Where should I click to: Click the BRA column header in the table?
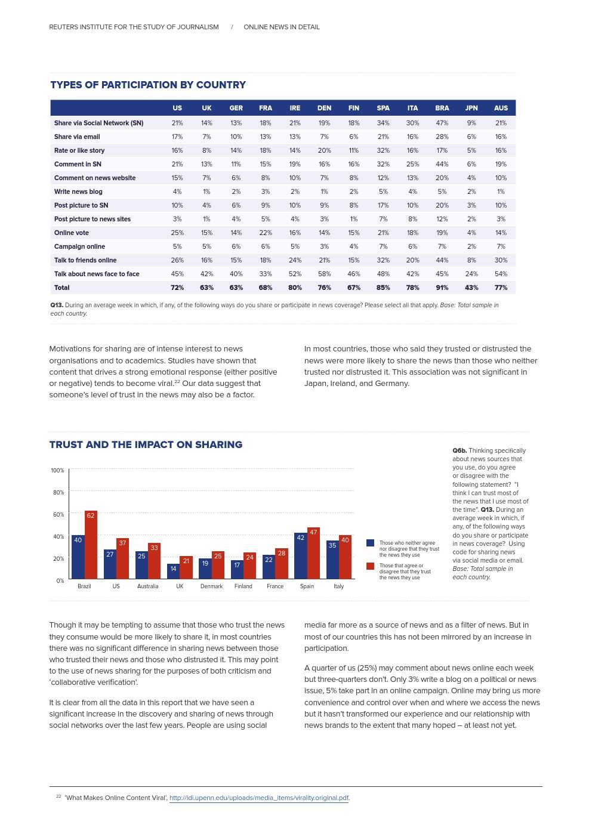coord(442,108)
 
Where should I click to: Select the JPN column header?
coord(471,108)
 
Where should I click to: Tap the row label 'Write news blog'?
coord(78,192)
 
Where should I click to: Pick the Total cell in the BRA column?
coord(442,288)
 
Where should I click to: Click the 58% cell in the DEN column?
coord(324,274)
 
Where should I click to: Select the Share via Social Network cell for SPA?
coord(383,123)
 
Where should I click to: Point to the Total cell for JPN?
coord(471,288)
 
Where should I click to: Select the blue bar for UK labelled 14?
coord(173,572)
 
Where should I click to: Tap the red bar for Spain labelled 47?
coord(313,553)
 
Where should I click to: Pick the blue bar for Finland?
coord(237,570)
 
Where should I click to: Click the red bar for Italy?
coord(345,557)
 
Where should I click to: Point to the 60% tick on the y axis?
coord(58,514)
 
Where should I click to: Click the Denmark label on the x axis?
coord(211,586)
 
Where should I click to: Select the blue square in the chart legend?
coord(370,543)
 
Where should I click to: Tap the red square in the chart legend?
coord(370,566)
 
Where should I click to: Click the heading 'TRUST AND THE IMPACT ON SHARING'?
coord(146,444)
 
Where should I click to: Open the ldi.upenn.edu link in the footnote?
coord(259,798)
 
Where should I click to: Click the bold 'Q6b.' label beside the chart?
coord(460,450)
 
